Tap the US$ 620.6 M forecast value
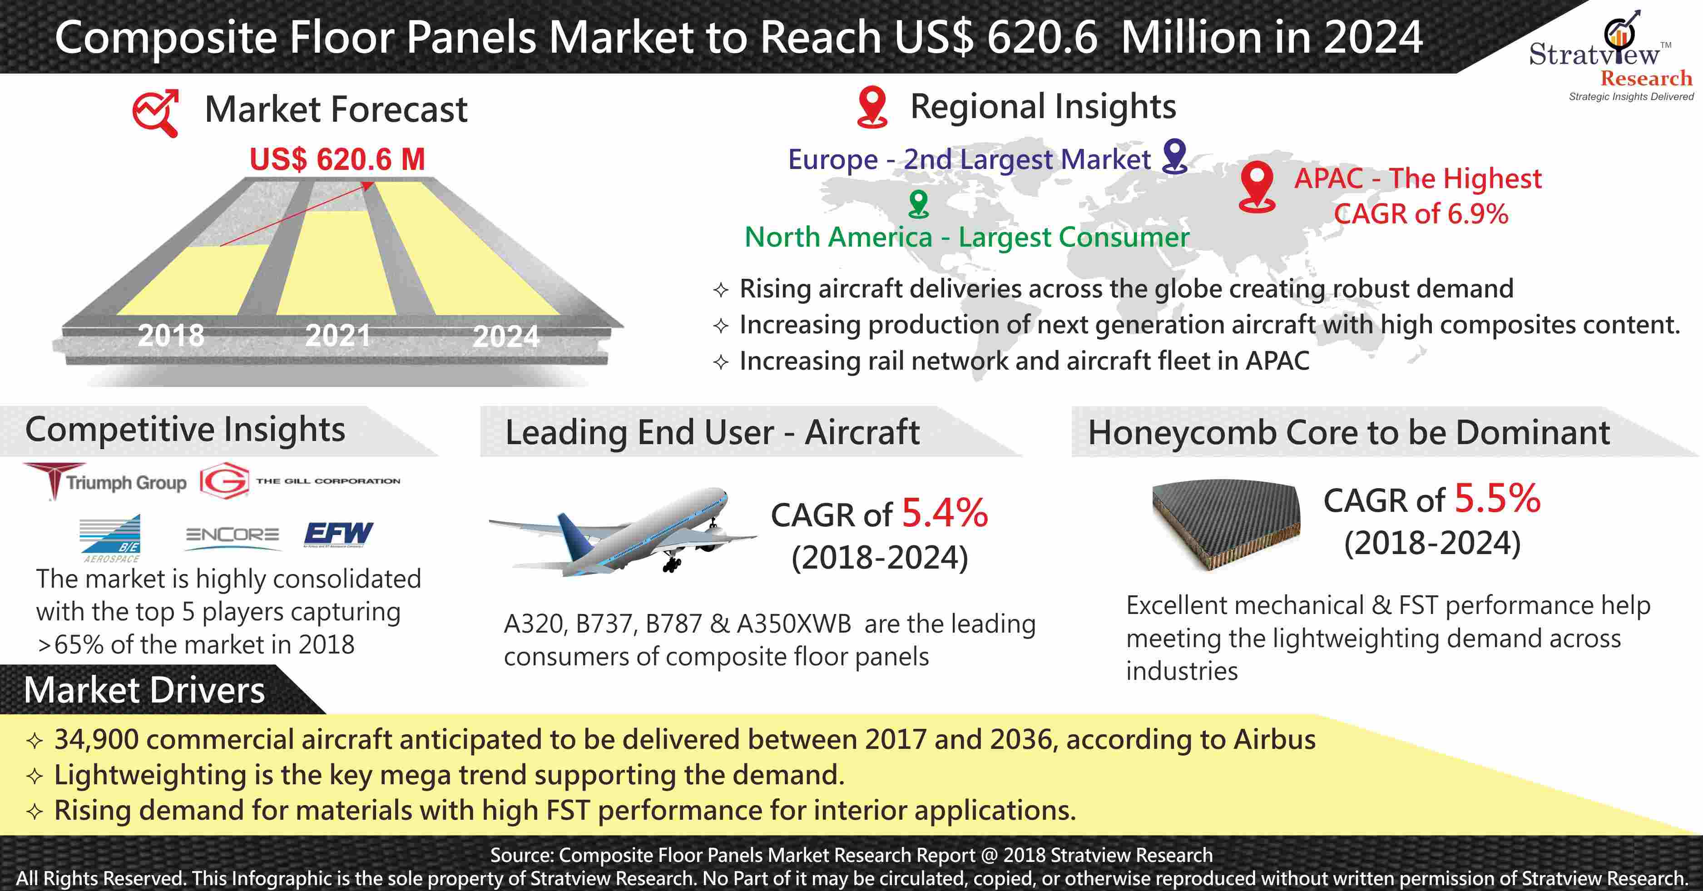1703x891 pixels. click(x=337, y=159)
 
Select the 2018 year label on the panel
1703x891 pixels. click(x=171, y=336)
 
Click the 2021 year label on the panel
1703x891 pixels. click(x=338, y=336)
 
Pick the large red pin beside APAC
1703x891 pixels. click(x=1256, y=186)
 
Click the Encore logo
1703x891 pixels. click(x=232, y=535)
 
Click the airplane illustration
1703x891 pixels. click(x=621, y=529)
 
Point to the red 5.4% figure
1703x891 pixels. click(x=945, y=513)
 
